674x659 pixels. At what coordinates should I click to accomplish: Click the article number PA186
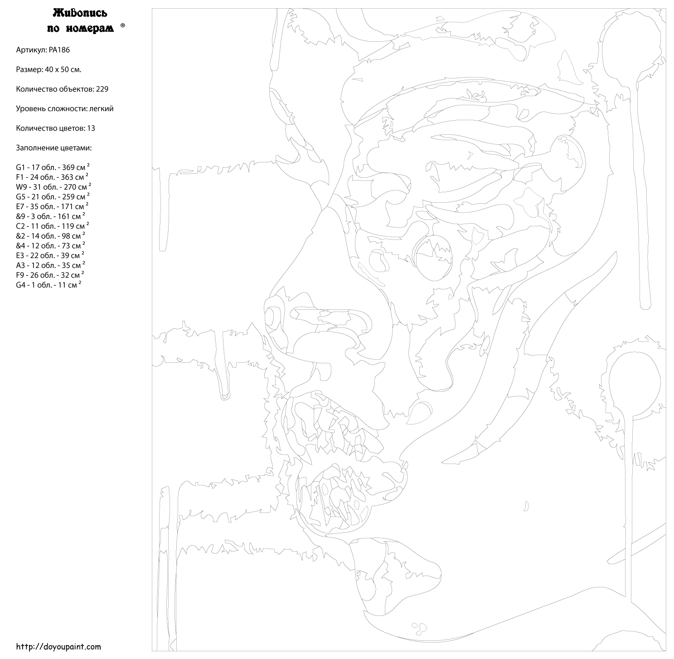point(59,50)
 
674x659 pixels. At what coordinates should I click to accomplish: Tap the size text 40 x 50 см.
point(63,70)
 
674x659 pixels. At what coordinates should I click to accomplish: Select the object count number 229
point(102,89)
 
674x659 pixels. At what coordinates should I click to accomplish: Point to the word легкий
point(101,109)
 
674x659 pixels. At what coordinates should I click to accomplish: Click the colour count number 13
point(91,128)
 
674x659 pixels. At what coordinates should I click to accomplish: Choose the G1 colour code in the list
point(20,167)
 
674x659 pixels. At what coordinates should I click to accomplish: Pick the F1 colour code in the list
point(20,177)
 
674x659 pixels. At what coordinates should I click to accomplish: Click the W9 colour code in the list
point(21,187)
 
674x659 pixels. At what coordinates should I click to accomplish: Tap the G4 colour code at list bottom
point(21,285)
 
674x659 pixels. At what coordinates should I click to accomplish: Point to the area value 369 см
point(76,167)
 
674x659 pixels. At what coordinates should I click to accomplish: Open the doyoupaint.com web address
point(58,646)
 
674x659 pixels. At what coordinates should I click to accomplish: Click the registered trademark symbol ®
point(123,25)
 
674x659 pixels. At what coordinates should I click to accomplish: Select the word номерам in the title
point(90,29)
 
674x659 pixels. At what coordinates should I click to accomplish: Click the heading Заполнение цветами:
point(53,148)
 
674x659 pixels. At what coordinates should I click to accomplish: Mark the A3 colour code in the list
point(21,265)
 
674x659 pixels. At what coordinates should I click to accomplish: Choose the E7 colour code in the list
point(20,207)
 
